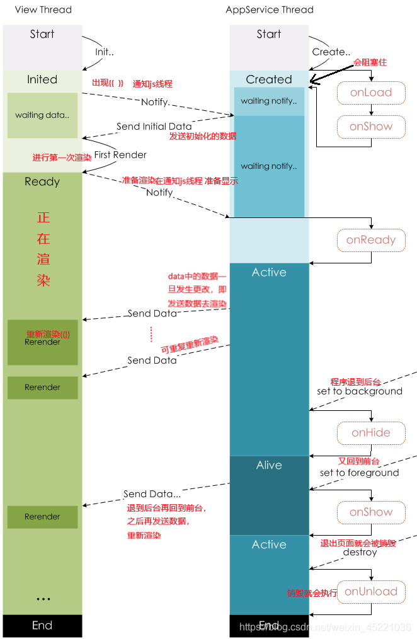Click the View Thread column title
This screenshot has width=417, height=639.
43,9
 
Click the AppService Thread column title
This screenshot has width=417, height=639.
270,9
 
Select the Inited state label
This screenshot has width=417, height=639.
42,79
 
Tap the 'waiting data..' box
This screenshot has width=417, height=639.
42,115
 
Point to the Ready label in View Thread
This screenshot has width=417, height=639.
42,181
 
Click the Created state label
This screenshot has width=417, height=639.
269,79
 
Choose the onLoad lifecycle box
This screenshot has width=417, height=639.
371,93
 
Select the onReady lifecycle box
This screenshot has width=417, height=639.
371,239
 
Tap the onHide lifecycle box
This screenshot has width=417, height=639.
371,433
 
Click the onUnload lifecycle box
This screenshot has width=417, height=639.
371,591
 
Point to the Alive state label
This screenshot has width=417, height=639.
269,465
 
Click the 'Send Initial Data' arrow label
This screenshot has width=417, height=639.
154,126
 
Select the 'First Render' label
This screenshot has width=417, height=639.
120,154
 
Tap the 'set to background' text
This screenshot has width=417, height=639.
359,391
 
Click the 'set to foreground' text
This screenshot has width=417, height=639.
359,473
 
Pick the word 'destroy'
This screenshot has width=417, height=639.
360,552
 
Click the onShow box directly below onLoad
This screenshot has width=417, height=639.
371,127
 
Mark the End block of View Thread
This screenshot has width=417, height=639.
42,625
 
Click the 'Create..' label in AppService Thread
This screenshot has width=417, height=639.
331,52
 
